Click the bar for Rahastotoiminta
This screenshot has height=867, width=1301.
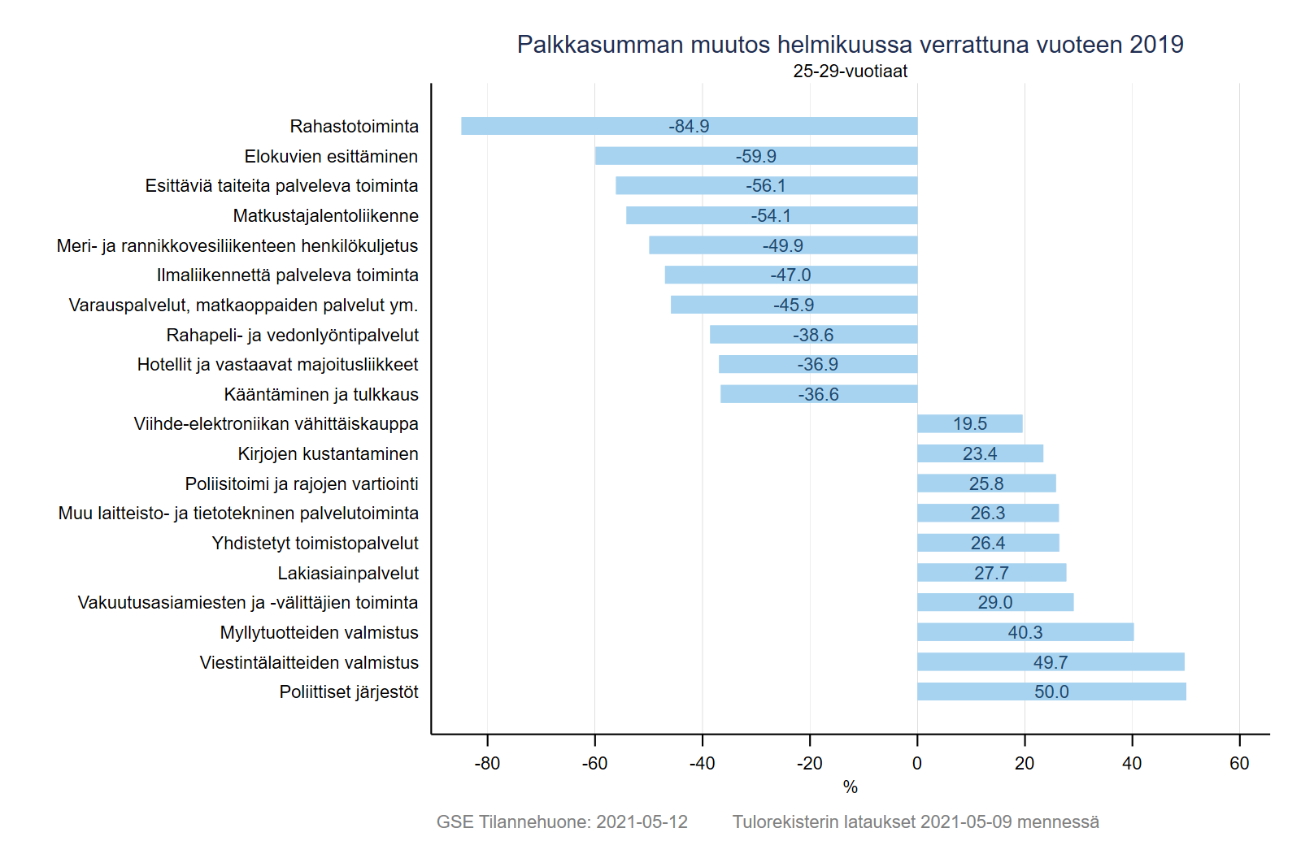689,126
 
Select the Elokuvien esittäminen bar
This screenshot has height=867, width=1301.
756,155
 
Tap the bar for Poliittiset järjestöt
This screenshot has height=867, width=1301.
1052,691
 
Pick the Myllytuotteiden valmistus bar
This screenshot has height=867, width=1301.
1025,632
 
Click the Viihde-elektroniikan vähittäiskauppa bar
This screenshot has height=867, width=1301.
970,423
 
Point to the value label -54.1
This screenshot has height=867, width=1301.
771,216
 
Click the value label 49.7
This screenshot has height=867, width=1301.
1051,662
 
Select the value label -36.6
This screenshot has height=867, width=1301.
818,395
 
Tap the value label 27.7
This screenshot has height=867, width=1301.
991,574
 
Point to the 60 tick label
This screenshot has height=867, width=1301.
1239,763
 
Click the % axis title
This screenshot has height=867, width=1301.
851,787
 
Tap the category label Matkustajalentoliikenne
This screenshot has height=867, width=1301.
326,216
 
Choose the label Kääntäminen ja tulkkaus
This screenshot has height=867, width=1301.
321,395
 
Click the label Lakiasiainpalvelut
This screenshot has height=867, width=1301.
348,574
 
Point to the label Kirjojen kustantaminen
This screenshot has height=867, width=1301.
329,453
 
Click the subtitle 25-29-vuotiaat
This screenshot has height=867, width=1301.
851,71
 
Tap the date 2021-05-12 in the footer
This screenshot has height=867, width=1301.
642,821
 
